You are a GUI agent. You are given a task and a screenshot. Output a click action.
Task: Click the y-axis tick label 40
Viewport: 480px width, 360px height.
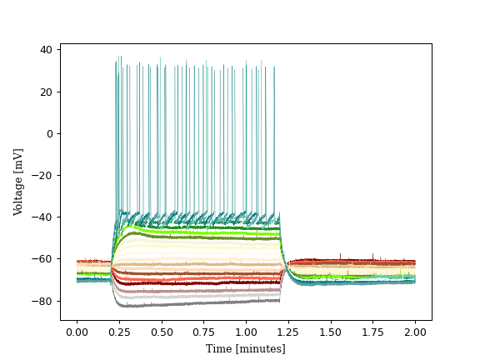[x=47, y=50]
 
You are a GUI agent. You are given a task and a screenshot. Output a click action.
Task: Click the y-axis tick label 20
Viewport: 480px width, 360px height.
[x=47, y=92]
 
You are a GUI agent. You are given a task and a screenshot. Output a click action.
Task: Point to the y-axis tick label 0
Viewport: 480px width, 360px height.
[x=49, y=133]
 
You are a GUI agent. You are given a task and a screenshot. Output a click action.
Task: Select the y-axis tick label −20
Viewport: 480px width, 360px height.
[x=43, y=175]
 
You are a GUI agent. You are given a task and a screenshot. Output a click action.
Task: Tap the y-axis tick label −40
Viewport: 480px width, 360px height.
[x=43, y=217]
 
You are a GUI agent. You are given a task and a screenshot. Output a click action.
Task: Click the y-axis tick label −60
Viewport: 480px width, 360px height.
[x=43, y=259]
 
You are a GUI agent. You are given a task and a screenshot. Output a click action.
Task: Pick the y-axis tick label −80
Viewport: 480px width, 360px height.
[x=43, y=301]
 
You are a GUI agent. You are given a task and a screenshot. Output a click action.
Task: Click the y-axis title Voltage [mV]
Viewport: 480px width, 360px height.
[x=18, y=182]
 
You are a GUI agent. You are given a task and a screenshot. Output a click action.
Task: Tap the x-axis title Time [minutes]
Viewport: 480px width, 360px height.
[x=246, y=348]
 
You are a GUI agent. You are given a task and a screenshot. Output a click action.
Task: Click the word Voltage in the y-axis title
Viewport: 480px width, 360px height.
[x=18, y=192]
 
